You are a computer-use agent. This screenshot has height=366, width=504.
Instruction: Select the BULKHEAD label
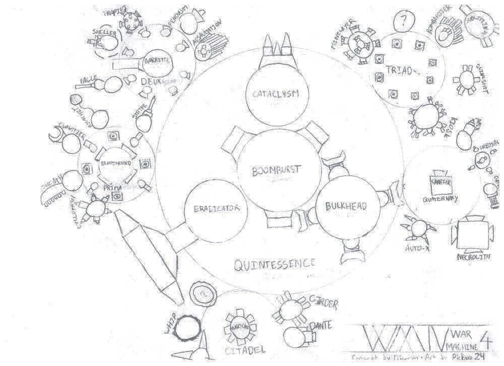point(345,206)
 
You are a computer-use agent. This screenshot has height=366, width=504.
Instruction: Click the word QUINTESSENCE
point(275,263)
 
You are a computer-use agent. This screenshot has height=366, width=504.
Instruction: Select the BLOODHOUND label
point(115,164)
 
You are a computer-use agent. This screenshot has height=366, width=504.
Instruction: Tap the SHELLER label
point(104,33)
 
